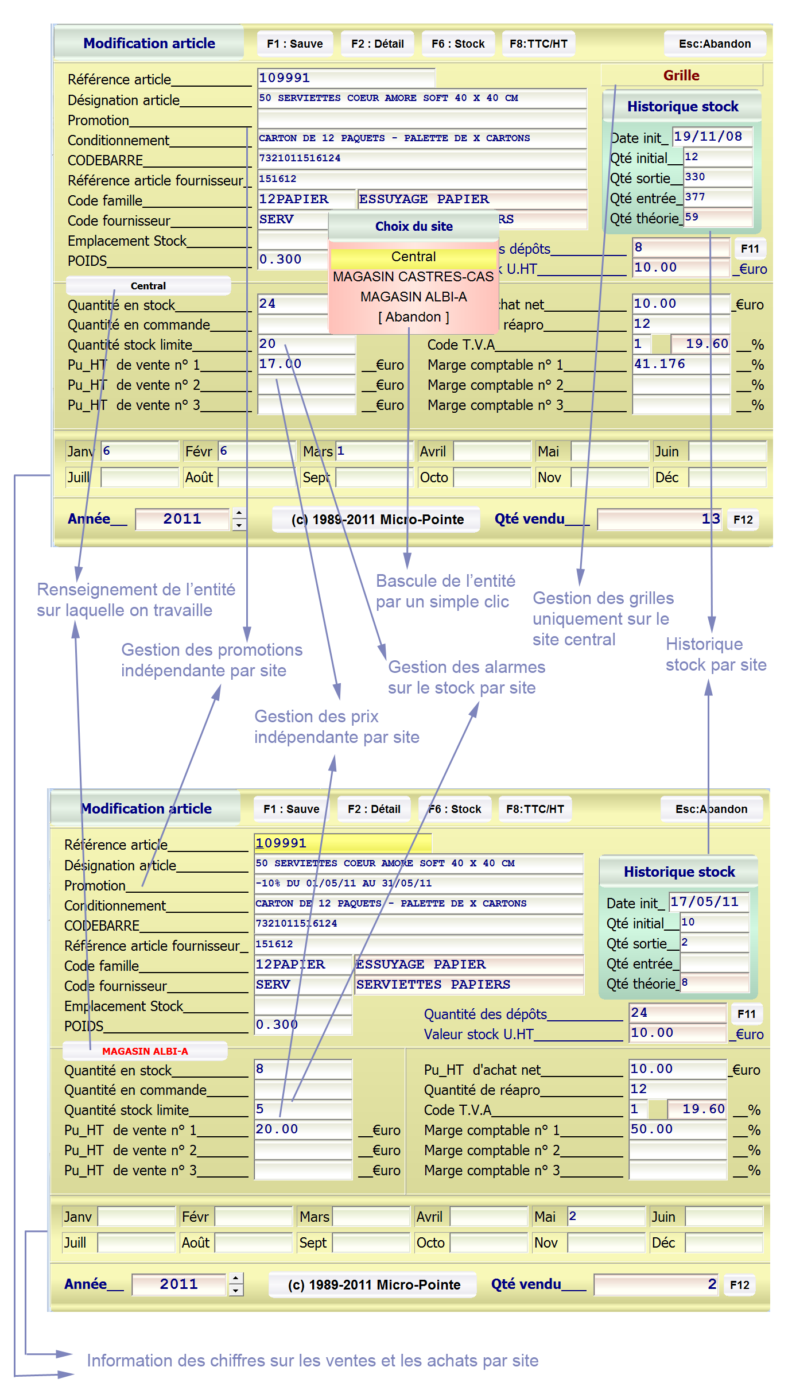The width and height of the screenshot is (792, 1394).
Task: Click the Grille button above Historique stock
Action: pyautogui.click(x=681, y=75)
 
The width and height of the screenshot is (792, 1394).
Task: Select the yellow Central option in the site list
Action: pyautogui.click(x=413, y=257)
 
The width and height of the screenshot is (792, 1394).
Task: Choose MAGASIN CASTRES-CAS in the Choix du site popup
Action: pyautogui.click(x=413, y=277)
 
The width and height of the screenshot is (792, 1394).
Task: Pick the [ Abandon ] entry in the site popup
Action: pyautogui.click(x=413, y=317)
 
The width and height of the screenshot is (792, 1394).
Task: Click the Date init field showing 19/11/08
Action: pyautogui.click(x=712, y=137)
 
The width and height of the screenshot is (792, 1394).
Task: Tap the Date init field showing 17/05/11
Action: pyautogui.click(x=708, y=902)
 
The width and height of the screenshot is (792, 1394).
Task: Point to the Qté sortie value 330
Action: pyautogui.click(x=717, y=177)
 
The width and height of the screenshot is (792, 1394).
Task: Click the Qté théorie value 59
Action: pyautogui.click(x=717, y=218)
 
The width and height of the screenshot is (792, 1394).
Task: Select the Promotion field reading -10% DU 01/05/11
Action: pyautogui.click(x=418, y=884)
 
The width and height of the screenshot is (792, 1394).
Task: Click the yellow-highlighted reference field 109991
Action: pyautogui.click(x=342, y=843)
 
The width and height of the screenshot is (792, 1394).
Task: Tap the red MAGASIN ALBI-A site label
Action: pyautogui.click(x=145, y=1051)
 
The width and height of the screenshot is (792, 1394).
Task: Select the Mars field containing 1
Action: pyautogui.click(x=374, y=451)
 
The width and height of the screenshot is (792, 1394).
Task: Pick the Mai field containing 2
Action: pyautogui.click(x=606, y=1217)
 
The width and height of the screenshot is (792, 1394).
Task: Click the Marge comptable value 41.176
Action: pyautogui.click(x=680, y=365)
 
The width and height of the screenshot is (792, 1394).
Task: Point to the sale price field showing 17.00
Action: pyautogui.click(x=306, y=365)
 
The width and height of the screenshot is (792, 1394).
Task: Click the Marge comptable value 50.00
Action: pyautogui.click(x=677, y=1130)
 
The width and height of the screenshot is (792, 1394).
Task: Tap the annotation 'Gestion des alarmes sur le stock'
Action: pyautogui.click(x=466, y=677)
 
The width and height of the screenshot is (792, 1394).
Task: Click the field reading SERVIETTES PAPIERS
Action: pyautogui.click(x=468, y=985)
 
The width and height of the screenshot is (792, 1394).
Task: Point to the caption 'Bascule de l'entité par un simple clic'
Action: pyautogui.click(x=445, y=591)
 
